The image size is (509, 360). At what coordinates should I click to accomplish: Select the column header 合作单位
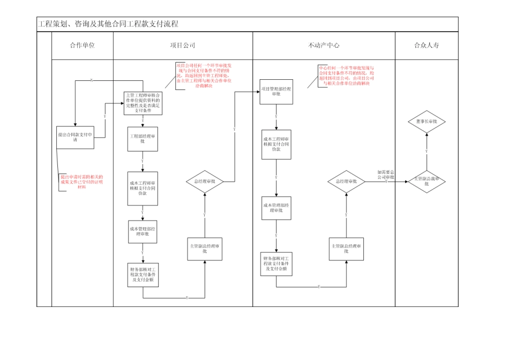82,46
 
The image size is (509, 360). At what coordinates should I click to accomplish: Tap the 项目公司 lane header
183,46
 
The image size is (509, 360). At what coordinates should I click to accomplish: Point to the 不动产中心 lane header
324,46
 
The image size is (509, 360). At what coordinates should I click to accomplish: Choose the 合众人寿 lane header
426,46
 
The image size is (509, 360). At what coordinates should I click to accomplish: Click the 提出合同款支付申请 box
76,137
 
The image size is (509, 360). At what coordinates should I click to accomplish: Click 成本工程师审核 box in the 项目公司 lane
143,188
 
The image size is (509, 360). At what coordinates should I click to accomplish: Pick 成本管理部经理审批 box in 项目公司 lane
143,231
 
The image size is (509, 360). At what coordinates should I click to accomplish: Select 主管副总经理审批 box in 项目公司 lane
204,249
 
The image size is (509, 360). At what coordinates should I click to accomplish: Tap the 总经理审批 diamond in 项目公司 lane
204,182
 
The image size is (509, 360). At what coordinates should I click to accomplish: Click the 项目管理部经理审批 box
276,91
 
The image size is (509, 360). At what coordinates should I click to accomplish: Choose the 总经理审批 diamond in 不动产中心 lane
346,182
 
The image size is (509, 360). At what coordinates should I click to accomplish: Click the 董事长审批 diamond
426,122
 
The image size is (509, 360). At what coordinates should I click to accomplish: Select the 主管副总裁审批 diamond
426,181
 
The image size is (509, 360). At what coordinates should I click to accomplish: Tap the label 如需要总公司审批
385,174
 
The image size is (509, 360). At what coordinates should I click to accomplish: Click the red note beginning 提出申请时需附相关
81,182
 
